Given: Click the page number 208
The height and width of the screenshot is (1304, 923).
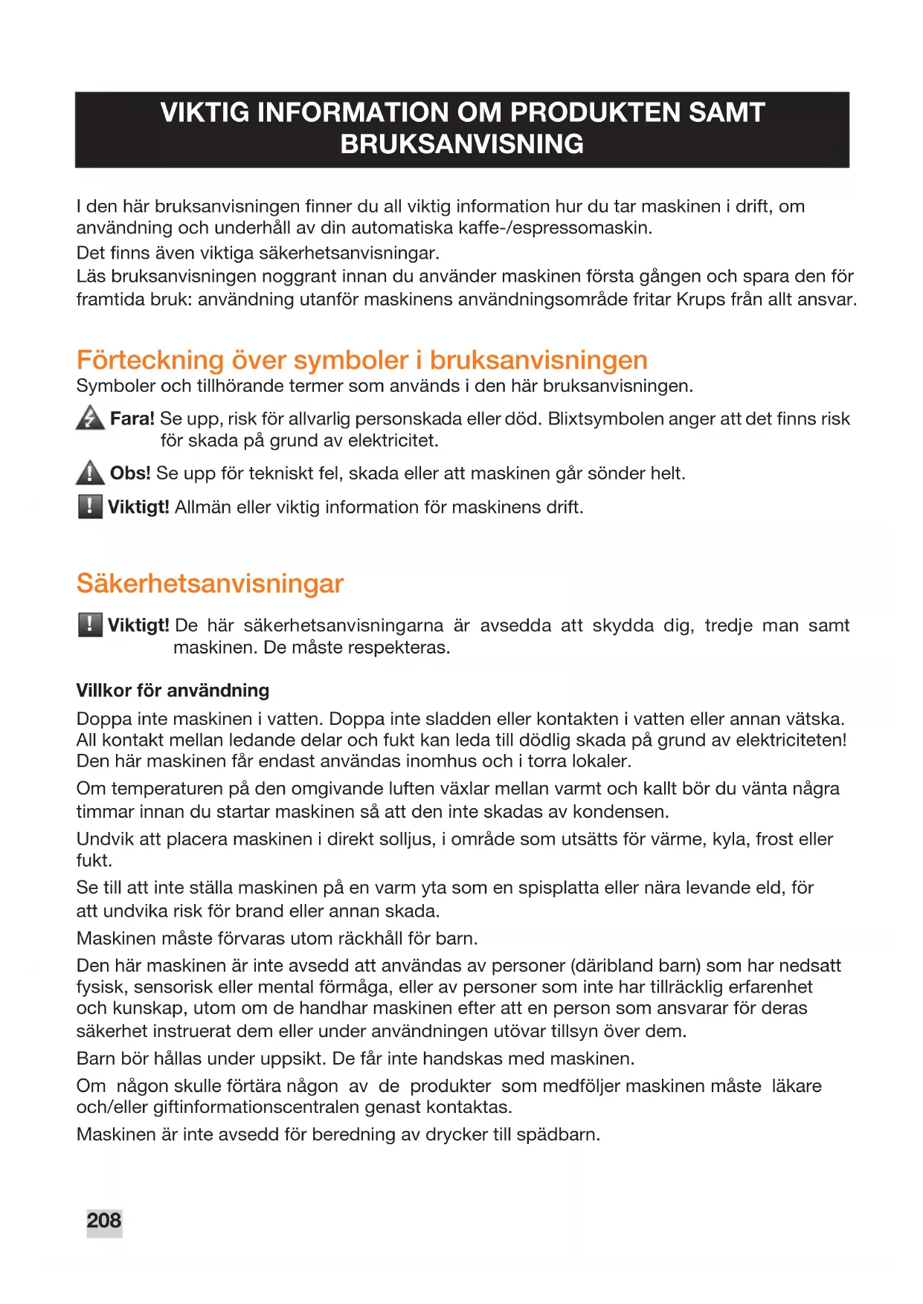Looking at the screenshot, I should click(x=103, y=1220).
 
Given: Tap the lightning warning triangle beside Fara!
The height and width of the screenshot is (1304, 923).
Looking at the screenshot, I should click(x=90, y=418).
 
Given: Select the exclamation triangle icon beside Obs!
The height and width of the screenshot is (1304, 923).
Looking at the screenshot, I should click(x=90, y=473).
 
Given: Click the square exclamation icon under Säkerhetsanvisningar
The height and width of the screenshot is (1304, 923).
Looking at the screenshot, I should click(x=89, y=624).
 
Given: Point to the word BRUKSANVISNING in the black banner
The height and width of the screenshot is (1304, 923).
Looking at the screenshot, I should click(x=462, y=144).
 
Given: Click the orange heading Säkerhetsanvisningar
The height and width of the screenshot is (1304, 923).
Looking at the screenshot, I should click(x=210, y=584).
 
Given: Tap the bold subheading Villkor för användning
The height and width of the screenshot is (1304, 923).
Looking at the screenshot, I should click(x=173, y=691).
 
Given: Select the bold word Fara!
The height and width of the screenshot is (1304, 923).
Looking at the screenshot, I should click(x=132, y=419).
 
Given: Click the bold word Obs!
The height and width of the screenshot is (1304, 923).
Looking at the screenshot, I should click(x=130, y=474).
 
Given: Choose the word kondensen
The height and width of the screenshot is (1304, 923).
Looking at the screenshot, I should click(x=620, y=811).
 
